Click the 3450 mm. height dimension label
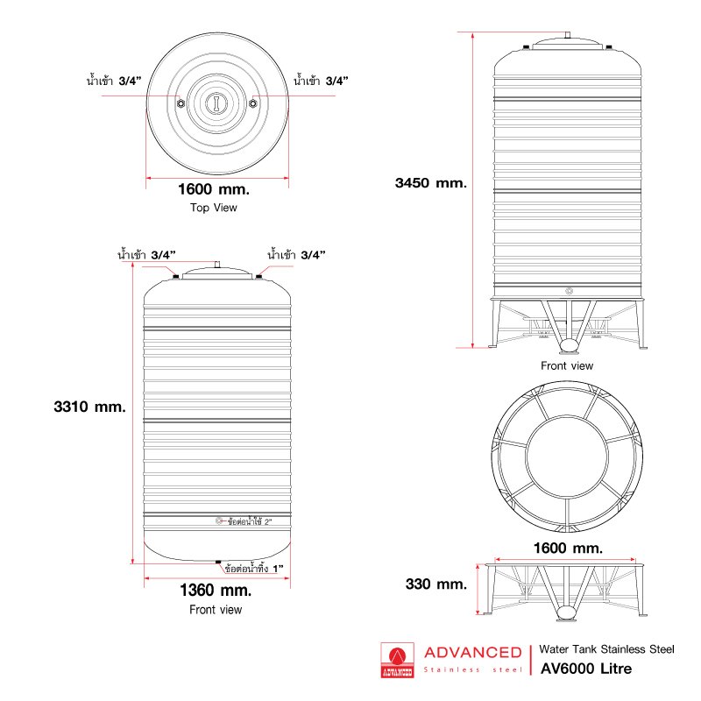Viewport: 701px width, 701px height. pos(431,183)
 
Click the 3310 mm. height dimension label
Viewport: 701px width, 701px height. pos(90,407)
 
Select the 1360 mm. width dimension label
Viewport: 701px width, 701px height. pos(216,590)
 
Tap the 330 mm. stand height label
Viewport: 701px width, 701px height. pos(435,584)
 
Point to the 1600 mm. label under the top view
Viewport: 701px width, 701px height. pos(214,189)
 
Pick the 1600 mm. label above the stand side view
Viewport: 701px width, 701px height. pos(568,549)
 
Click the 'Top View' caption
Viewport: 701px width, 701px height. pos(213,208)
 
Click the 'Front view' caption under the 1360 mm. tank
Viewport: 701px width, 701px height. pos(216,610)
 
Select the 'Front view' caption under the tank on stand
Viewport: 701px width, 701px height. pos(567,366)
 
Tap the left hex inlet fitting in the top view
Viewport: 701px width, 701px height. pos(181,103)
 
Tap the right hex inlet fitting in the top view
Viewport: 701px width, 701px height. pos(252,103)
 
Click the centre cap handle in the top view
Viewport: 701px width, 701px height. pos(216,103)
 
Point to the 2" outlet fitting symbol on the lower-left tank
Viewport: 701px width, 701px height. pos(219,520)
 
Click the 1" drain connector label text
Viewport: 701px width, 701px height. pos(254,569)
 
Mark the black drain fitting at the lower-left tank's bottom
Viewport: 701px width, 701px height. pos(218,562)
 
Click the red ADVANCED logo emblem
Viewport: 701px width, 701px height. pos(398,661)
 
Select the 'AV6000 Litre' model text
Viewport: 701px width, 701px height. pos(586,669)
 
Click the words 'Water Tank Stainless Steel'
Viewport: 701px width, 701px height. pos(606,649)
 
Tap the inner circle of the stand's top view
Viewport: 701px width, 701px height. pos(567,457)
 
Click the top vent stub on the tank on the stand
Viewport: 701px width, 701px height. pos(568,35)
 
